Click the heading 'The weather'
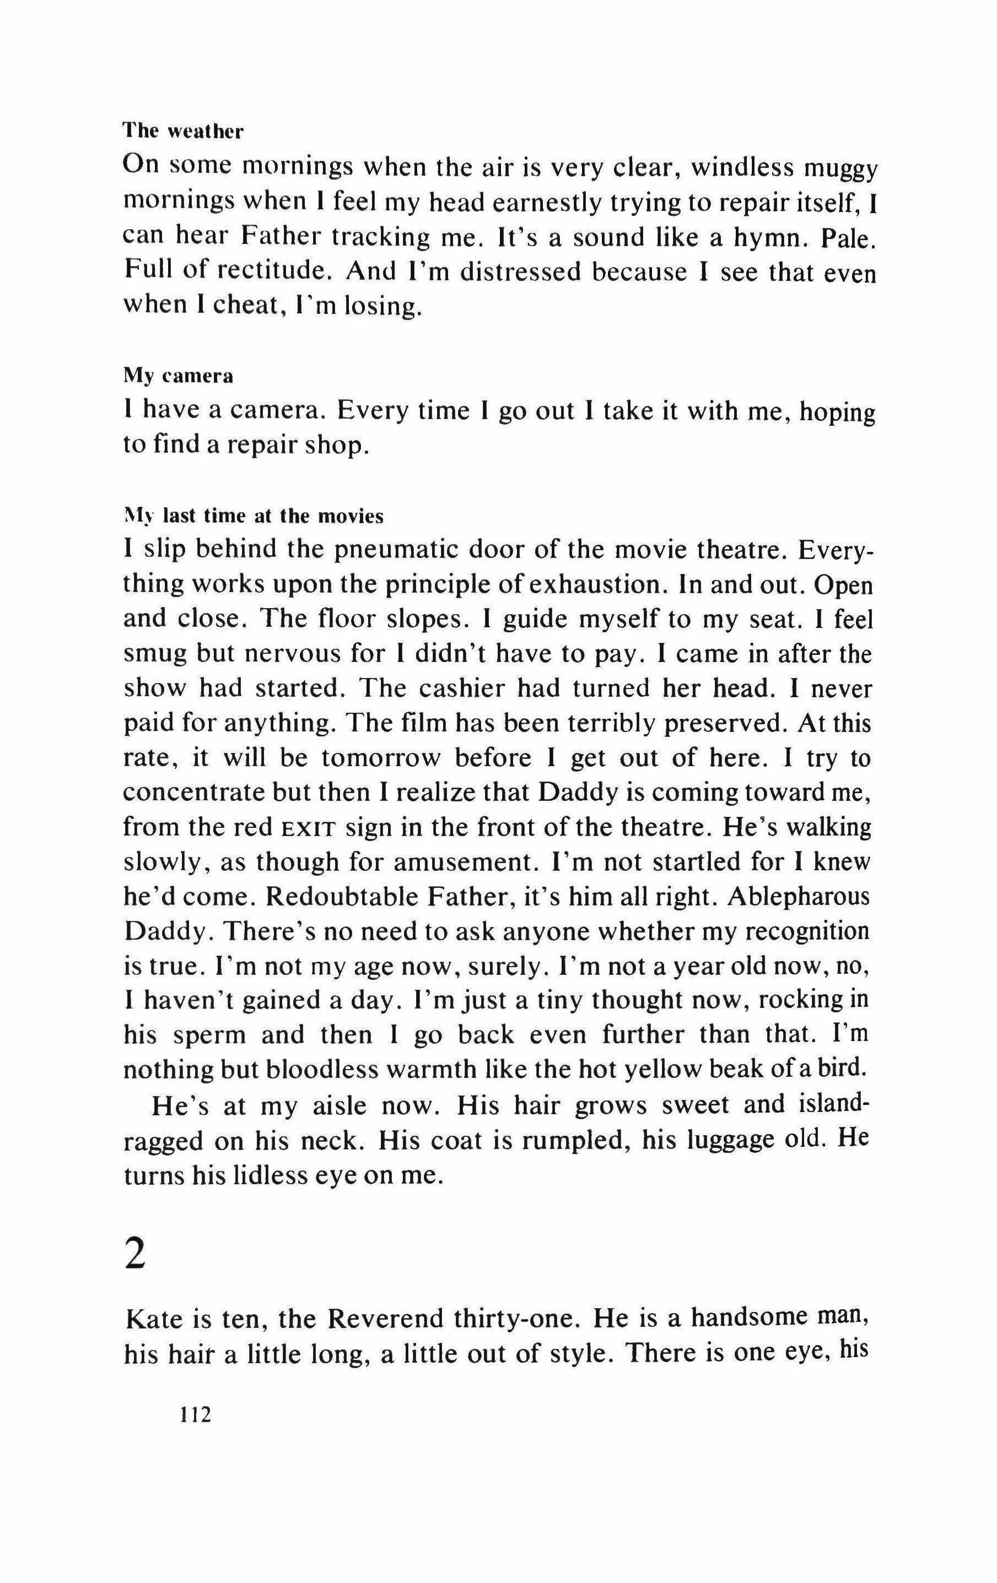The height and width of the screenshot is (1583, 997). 183,132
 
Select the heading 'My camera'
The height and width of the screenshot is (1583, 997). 178,377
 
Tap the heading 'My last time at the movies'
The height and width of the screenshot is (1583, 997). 253,516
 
